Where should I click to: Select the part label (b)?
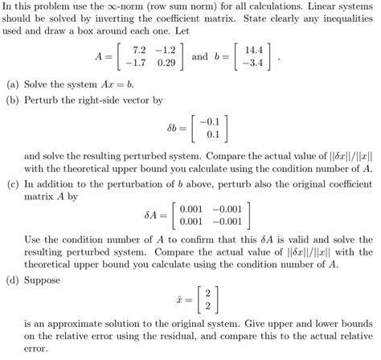14,100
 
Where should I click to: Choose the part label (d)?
14,280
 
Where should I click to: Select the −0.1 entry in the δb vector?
213,121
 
